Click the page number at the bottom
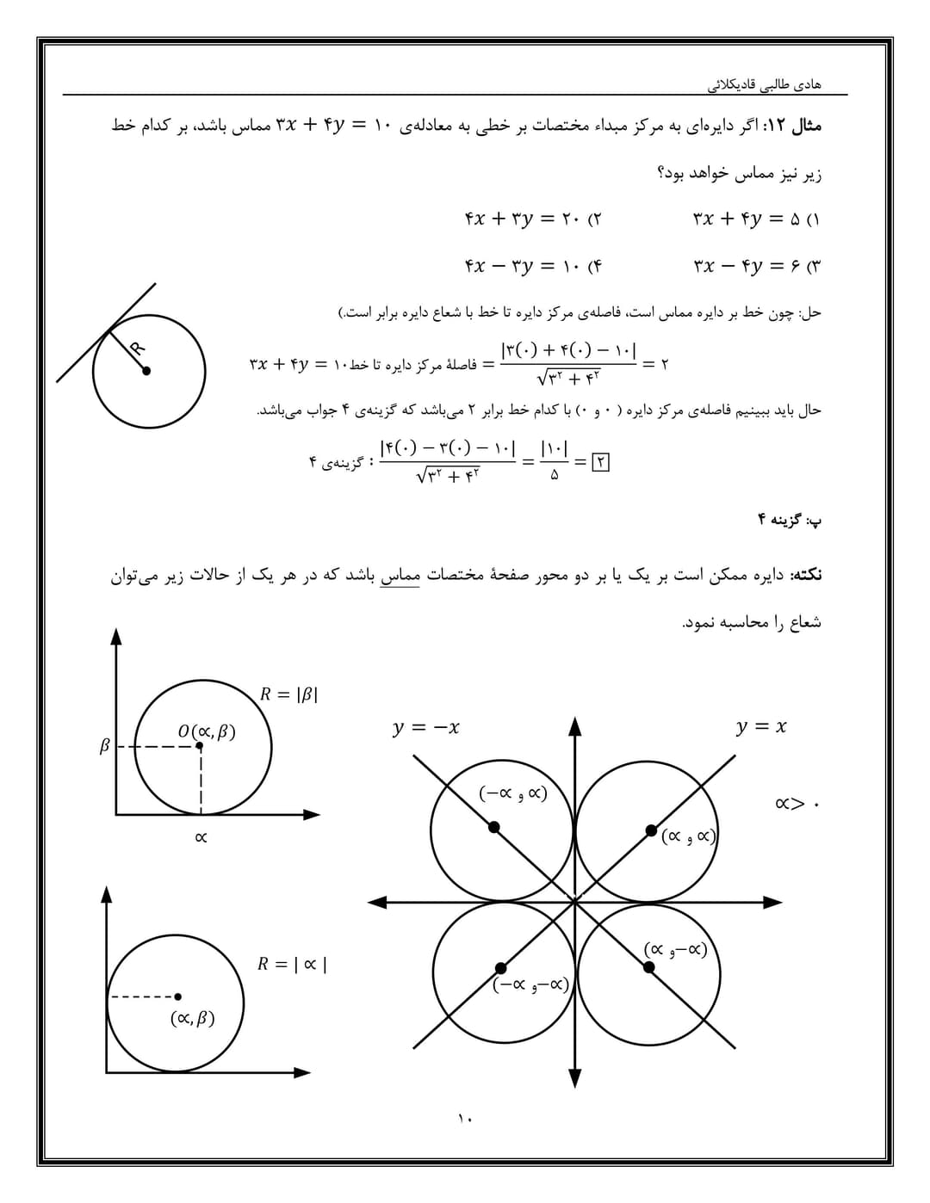465,1119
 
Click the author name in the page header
764,84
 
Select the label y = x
761,727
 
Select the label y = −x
425,728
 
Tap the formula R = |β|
289,694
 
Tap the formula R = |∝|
292,964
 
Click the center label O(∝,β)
207,731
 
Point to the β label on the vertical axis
105,746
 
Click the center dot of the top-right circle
651,830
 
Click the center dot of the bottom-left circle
499,968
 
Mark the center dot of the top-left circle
494,827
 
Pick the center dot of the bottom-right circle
648,967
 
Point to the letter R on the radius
136,348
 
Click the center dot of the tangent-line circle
146,371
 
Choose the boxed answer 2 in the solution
601,461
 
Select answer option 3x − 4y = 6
756,266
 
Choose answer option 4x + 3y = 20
532,219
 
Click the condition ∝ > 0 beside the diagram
798,805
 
